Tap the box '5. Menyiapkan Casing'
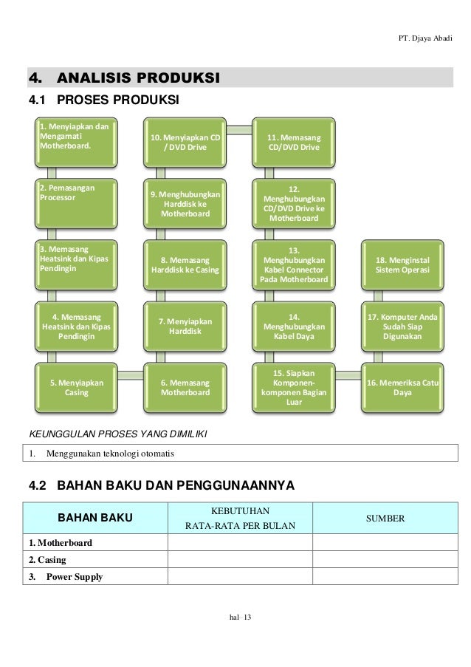(75, 388)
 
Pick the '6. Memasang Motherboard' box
(185, 388)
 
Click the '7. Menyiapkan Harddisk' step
(185, 326)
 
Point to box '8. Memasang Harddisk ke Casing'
(185, 265)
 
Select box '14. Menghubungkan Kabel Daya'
(293, 326)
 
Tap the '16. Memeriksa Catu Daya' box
(402, 388)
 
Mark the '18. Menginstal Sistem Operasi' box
(402, 265)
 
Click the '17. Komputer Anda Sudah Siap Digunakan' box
(402, 326)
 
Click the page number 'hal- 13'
(241, 618)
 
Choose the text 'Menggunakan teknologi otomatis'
(111, 452)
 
